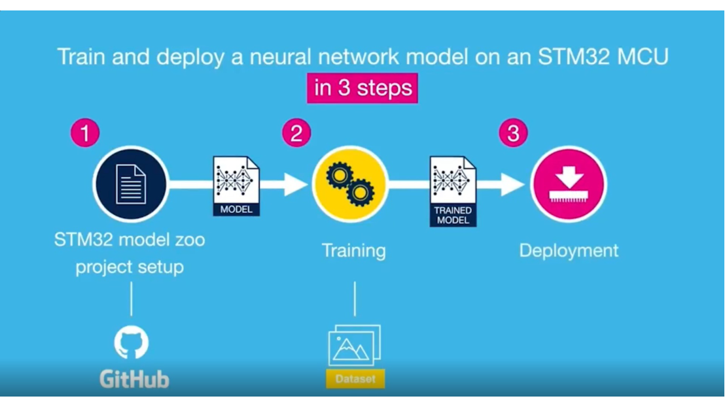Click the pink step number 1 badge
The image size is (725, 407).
(85, 133)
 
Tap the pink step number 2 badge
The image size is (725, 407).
(296, 133)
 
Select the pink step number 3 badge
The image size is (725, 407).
(513, 133)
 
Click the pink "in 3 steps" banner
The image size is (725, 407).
(362, 88)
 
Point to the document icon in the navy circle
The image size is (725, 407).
(131, 184)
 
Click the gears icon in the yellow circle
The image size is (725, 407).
(350, 184)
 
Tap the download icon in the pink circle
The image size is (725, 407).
(569, 184)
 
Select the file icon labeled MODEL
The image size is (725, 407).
(236, 186)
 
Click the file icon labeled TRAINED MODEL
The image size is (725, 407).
(453, 191)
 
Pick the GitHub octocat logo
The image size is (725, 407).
(132, 342)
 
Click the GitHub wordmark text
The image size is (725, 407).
(134, 379)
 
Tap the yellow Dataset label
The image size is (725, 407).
(355, 379)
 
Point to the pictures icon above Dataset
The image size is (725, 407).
(355, 345)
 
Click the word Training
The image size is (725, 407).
(354, 251)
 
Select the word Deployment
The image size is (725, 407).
(569, 251)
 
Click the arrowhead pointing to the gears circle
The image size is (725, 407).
(296, 185)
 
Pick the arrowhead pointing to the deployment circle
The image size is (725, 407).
(513, 185)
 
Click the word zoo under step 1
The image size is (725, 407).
(190, 240)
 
